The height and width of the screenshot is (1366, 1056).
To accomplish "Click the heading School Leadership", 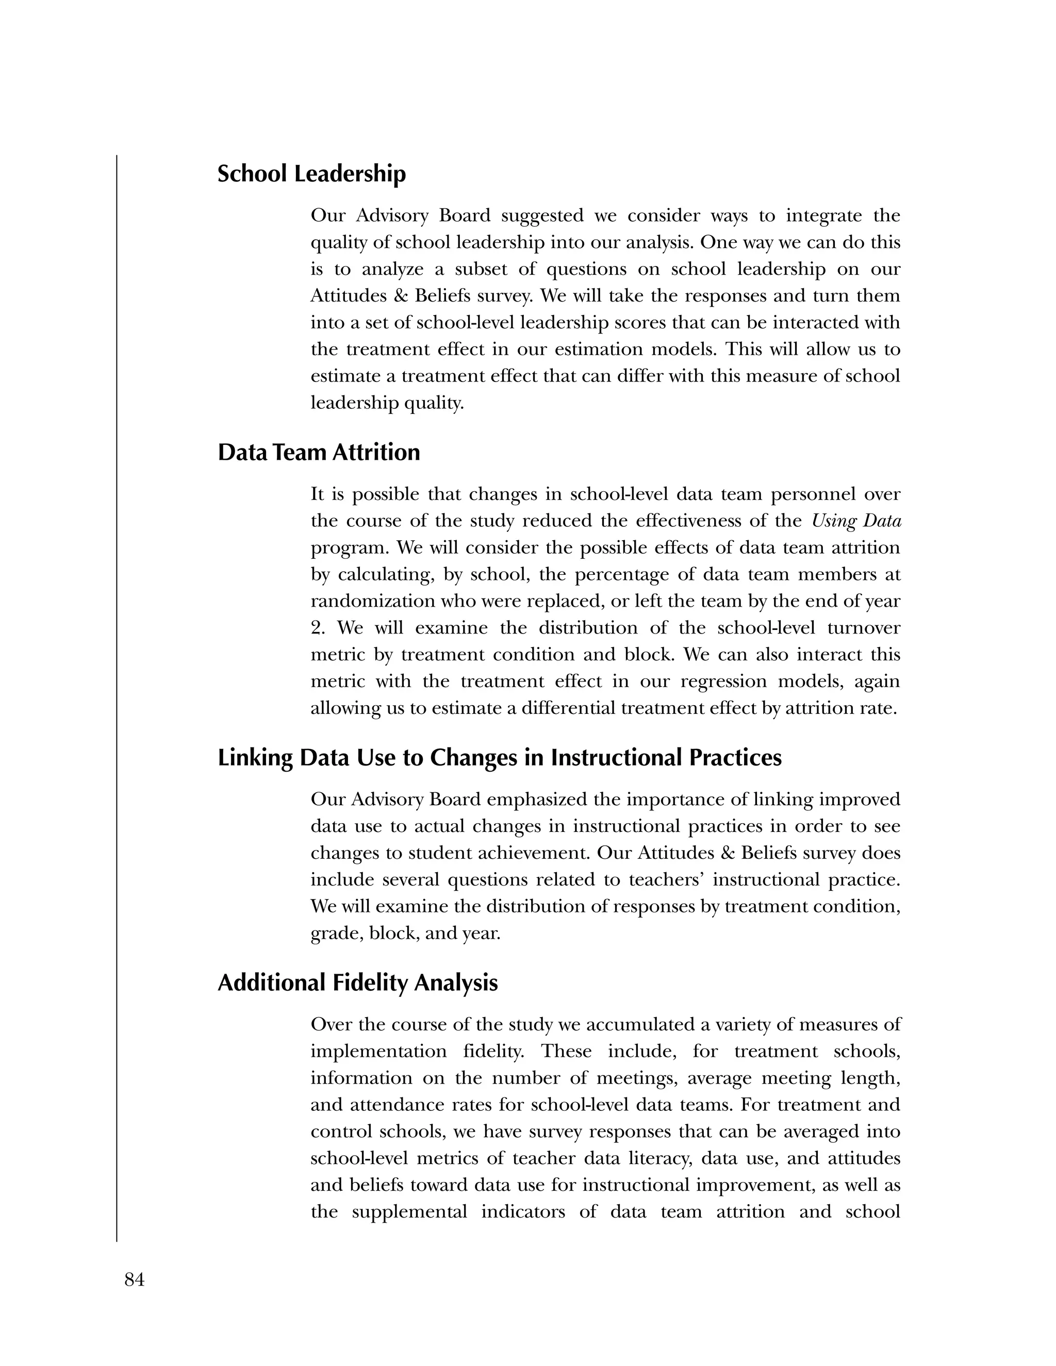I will coord(311,174).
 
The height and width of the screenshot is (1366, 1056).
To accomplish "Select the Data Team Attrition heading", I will coord(319,452).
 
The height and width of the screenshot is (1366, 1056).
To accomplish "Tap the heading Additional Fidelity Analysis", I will coord(357,982).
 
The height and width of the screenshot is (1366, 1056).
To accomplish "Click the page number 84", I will coord(135,1280).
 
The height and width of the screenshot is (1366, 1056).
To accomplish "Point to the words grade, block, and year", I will coord(405,934).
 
